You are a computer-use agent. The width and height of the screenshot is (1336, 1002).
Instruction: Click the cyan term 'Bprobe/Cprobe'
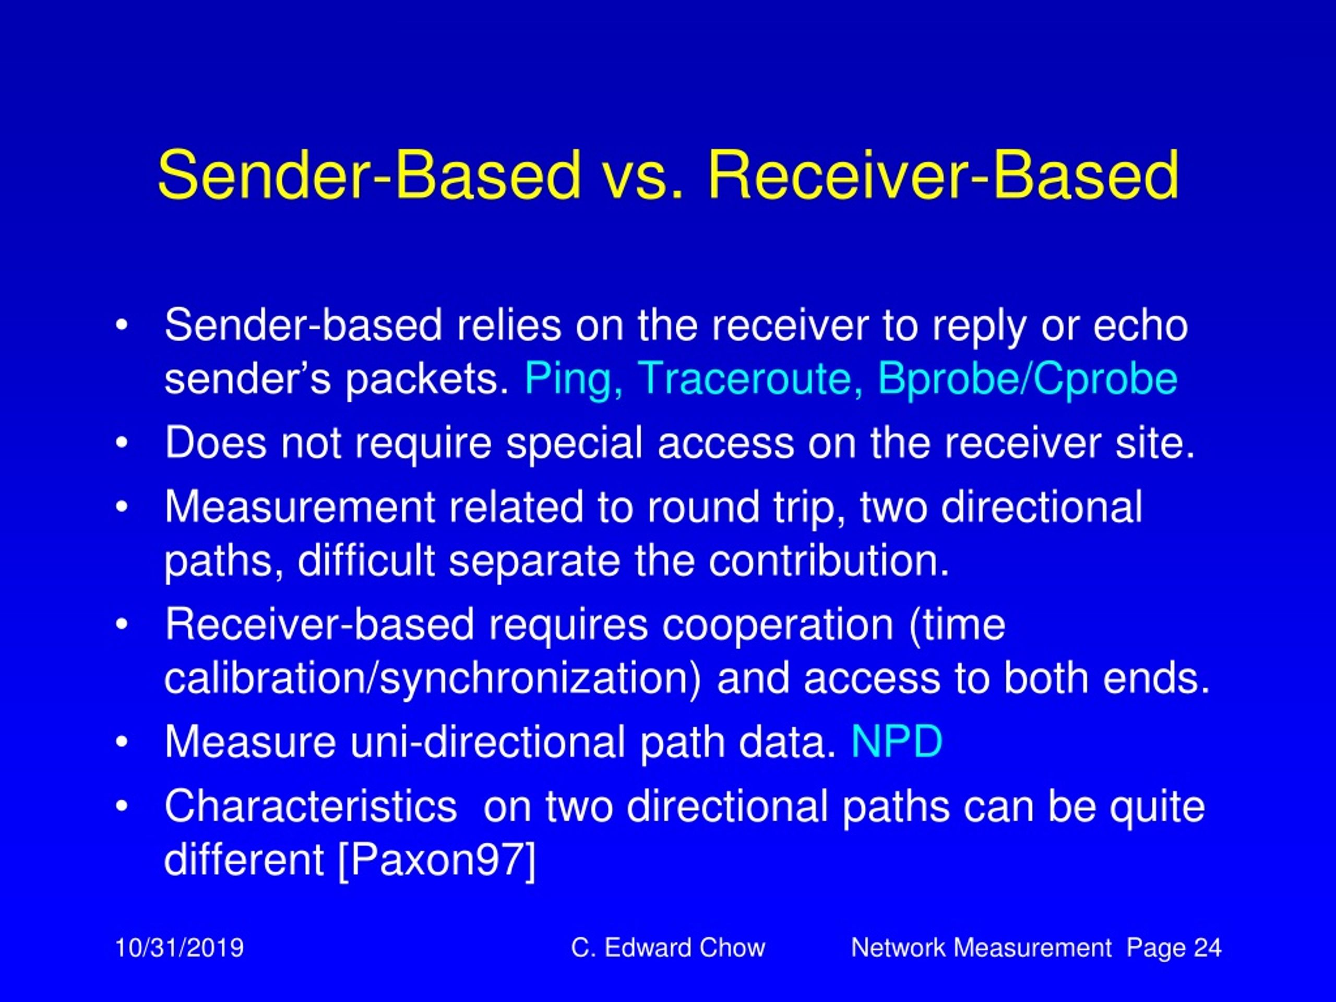coord(1027,379)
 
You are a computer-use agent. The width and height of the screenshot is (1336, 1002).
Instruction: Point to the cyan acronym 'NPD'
coord(896,741)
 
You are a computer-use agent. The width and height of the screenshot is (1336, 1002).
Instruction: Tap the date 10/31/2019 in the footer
coord(180,948)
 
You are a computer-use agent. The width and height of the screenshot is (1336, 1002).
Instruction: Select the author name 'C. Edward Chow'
coord(668,948)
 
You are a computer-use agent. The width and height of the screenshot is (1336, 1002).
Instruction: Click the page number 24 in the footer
coord(1208,948)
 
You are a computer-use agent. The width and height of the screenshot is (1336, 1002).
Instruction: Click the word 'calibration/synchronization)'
coord(433,678)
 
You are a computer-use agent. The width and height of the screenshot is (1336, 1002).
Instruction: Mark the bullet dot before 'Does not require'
coord(122,443)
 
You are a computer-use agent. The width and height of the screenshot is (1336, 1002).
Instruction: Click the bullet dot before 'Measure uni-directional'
coord(122,741)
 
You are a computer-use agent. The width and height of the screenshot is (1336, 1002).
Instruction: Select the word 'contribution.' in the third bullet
coord(829,560)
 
